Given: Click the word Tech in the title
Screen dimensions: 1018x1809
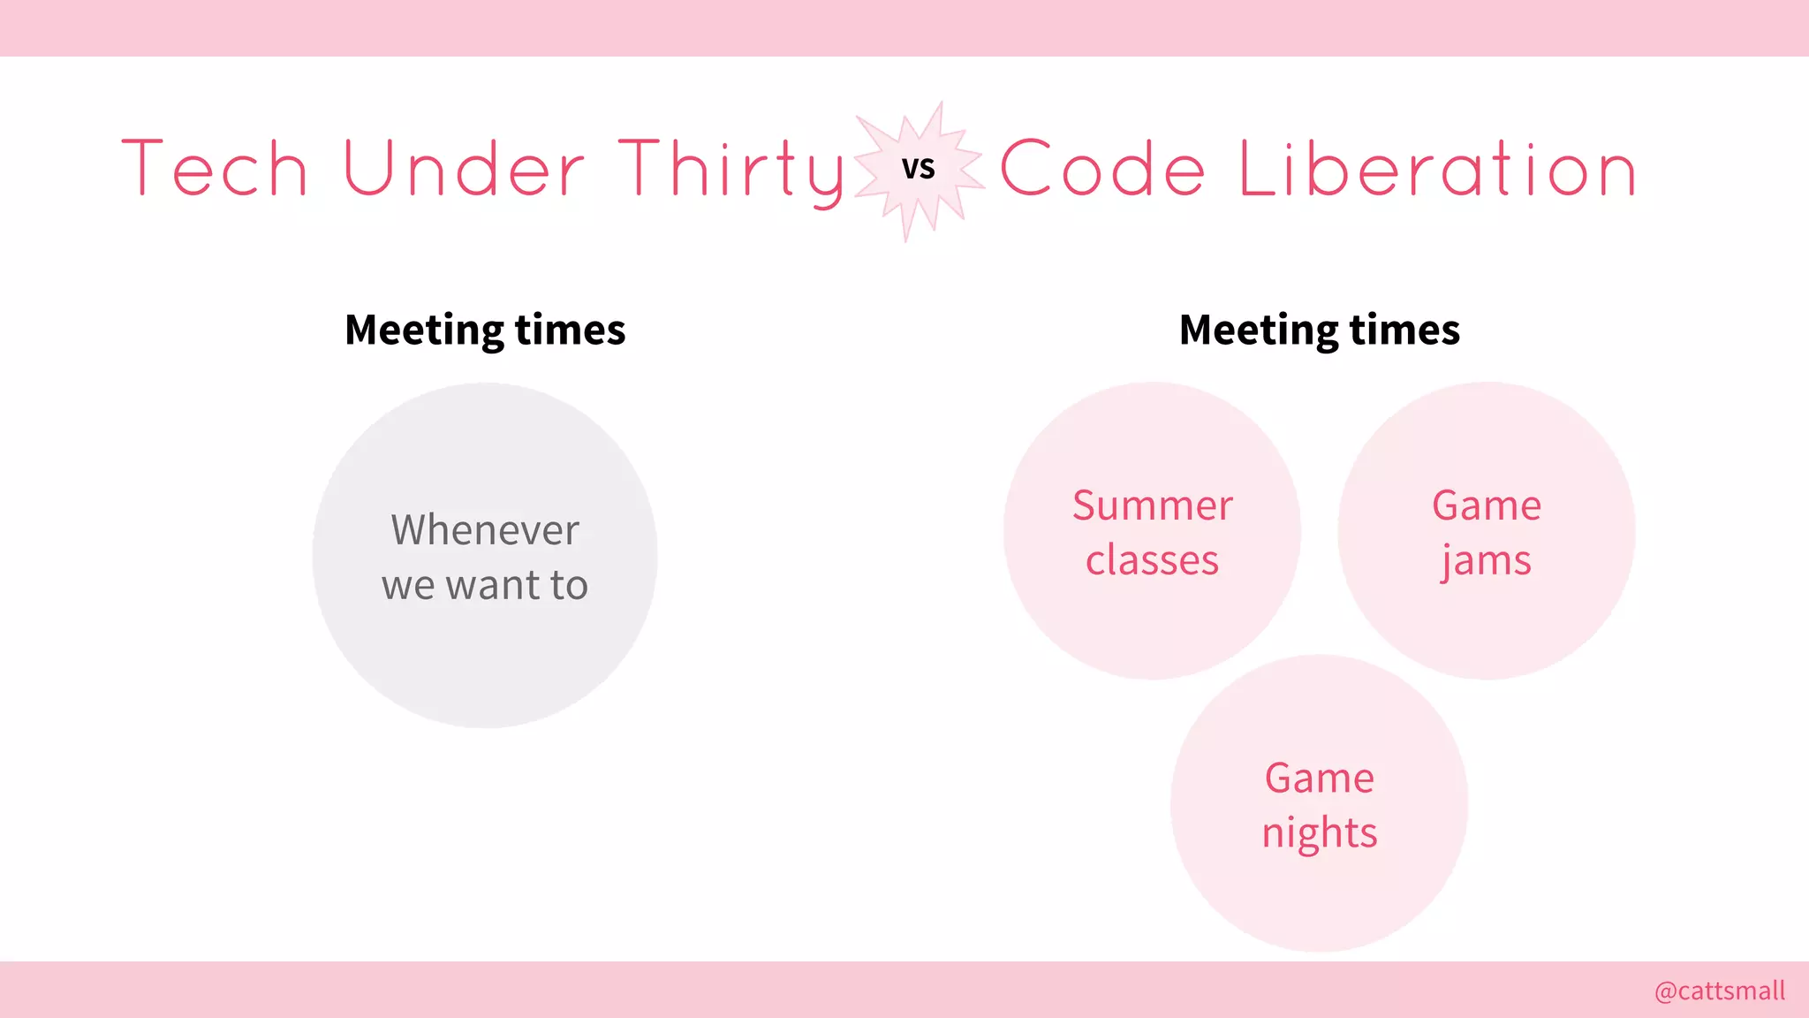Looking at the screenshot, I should [x=215, y=169].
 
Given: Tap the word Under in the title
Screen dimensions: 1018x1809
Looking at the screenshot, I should [x=464, y=169].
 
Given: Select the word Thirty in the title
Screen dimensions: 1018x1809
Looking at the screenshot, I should [x=731, y=171].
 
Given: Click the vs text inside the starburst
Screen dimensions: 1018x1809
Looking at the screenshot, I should [x=919, y=168].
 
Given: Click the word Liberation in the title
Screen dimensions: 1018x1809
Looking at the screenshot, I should [x=1438, y=169].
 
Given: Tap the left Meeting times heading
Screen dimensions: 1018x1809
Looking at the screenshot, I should [x=485, y=330].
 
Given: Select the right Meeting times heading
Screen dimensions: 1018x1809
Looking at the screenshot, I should [x=1320, y=330].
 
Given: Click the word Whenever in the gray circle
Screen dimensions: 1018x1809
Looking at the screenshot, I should [x=485, y=530].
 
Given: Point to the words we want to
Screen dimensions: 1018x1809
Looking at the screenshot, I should [x=485, y=585].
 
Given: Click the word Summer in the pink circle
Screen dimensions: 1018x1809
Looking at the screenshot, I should [x=1152, y=505].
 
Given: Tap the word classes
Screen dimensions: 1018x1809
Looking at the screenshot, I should [x=1152, y=560].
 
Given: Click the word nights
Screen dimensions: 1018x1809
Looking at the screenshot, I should [x=1320, y=833].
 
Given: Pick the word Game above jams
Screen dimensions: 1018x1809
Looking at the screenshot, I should [x=1487, y=505].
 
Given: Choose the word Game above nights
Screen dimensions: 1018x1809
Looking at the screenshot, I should [x=1320, y=778].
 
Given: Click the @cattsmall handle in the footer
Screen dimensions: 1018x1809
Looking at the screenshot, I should [x=1720, y=991].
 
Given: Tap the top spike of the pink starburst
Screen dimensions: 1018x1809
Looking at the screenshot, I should [x=940, y=107].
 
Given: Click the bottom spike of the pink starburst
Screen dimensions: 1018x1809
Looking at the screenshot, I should [x=906, y=236].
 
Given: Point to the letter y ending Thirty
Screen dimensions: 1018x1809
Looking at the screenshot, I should [x=826, y=177].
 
